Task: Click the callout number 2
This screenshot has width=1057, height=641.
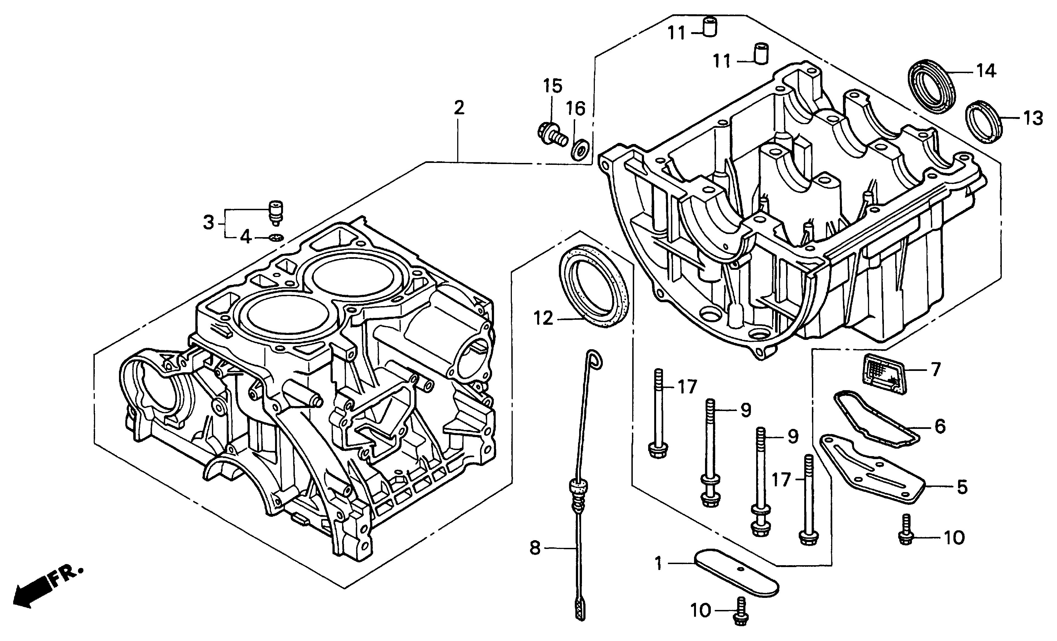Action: coord(459,108)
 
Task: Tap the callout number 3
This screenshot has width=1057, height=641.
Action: coord(209,223)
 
